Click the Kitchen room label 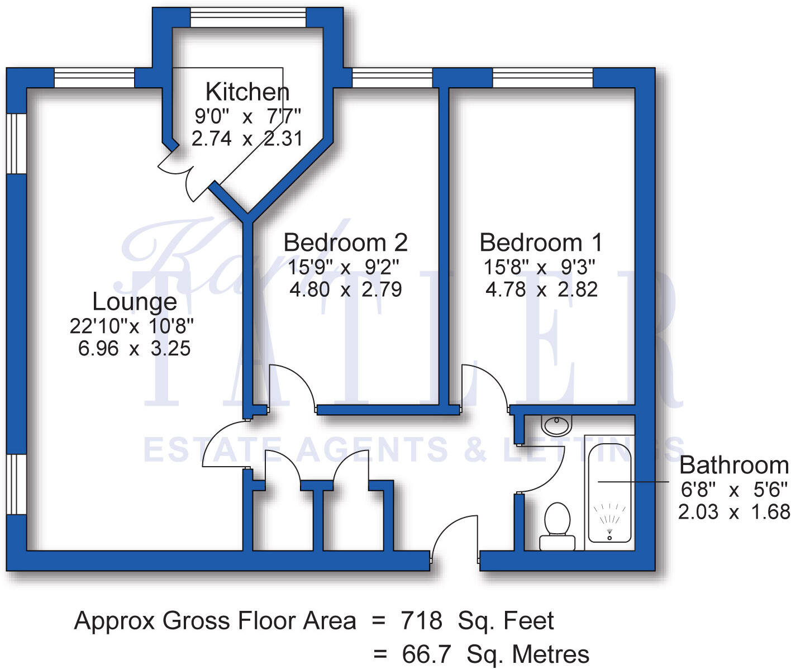coord(247,92)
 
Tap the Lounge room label coord(135,302)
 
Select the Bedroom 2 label coord(345,243)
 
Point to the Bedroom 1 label coord(541,243)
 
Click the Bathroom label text coord(734,465)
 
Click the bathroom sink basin coord(556,426)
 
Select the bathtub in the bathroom coord(609,492)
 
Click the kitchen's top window coord(248,17)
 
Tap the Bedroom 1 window coord(542,78)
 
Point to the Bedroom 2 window coord(392,78)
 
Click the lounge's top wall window coord(94,78)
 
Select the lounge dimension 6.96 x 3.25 coord(135,349)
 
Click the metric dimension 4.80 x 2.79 coord(345,290)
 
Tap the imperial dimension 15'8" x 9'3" coord(540,267)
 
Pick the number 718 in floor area coord(422,621)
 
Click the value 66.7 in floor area coord(426,654)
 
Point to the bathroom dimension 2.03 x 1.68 coord(734,512)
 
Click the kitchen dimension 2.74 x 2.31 coord(247,138)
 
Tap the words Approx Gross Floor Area coord(215,621)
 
